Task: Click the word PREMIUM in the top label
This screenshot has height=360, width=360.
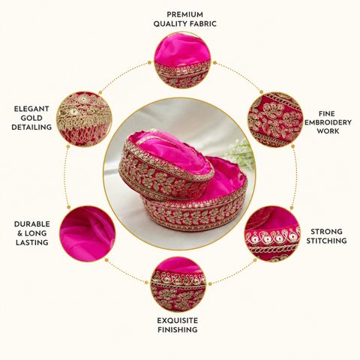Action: [184, 14]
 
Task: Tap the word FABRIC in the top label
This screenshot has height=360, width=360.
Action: [203, 24]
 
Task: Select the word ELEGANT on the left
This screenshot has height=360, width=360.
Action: [31, 109]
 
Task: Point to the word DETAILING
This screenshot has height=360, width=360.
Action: [31, 127]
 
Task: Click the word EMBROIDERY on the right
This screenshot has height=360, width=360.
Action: [328, 122]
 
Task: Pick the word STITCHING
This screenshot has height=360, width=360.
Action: [326, 241]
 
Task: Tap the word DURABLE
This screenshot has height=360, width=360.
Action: [32, 224]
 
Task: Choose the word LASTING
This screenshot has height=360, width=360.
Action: [32, 242]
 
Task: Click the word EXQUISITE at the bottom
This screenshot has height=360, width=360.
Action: [178, 320]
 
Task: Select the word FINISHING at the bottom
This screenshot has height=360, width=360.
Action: [178, 330]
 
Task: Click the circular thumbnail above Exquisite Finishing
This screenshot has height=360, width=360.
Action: [178, 284]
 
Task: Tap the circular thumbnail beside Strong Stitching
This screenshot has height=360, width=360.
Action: [272, 233]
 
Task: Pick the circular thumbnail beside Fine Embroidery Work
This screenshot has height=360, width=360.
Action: [275, 119]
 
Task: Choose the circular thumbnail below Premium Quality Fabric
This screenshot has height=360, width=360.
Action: [182, 60]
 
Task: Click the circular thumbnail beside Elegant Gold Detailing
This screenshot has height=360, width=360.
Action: [84, 119]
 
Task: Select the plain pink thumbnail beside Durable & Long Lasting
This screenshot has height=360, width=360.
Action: [87, 233]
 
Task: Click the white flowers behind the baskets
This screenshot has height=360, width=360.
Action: [239, 153]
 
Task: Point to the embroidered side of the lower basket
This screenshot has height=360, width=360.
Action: [195, 214]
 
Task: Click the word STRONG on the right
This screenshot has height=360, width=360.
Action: [326, 232]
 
